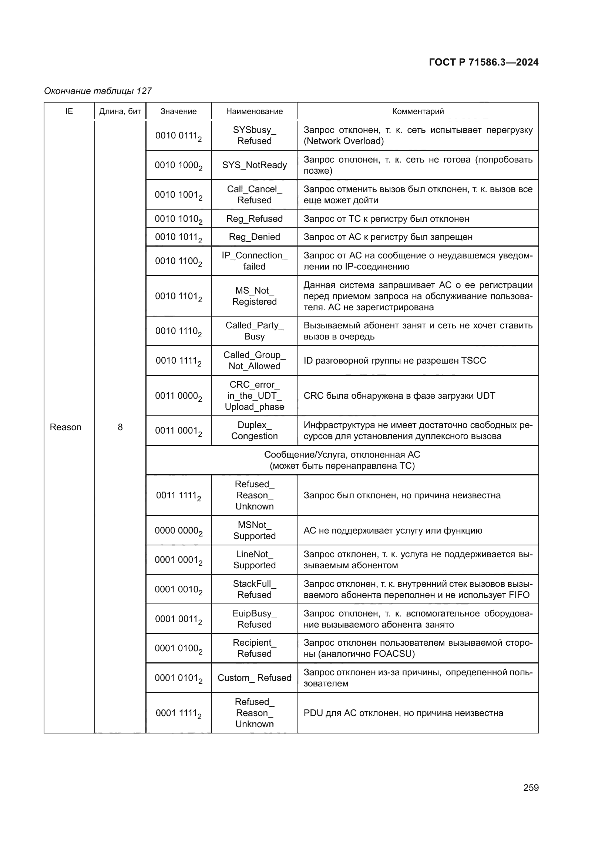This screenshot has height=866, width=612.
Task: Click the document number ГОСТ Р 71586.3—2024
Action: tap(484, 62)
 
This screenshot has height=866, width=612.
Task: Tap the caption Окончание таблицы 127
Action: tap(98, 91)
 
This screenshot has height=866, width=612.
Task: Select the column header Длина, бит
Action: tap(120, 111)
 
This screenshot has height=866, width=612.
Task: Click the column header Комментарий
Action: tap(418, 111)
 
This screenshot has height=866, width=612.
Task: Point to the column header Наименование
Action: tap(254, 111)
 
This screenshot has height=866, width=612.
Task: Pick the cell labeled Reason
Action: tap(65, 427)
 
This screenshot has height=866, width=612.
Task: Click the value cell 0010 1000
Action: tap(178, 165)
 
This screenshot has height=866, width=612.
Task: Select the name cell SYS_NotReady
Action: tap(254, 165)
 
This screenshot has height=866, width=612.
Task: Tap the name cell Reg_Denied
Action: tap(254, 237)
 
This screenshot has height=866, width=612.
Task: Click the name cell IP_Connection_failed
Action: tap(254, 261)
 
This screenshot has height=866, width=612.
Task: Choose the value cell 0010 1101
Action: tap(178, 296)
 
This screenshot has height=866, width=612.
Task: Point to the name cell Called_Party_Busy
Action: tap(254, 331)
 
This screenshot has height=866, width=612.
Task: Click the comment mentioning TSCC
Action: tap(394, 361)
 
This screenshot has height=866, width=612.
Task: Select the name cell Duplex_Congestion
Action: tap(254, 430)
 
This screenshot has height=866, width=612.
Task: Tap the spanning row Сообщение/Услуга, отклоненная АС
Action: tap(342, 460)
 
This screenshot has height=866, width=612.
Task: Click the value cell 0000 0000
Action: tap(178, 530)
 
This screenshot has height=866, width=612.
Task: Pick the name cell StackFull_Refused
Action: tap(254, 589)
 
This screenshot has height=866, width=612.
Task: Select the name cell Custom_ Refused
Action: tap(254, 678)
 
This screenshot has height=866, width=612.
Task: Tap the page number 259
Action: tap(531, 788)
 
